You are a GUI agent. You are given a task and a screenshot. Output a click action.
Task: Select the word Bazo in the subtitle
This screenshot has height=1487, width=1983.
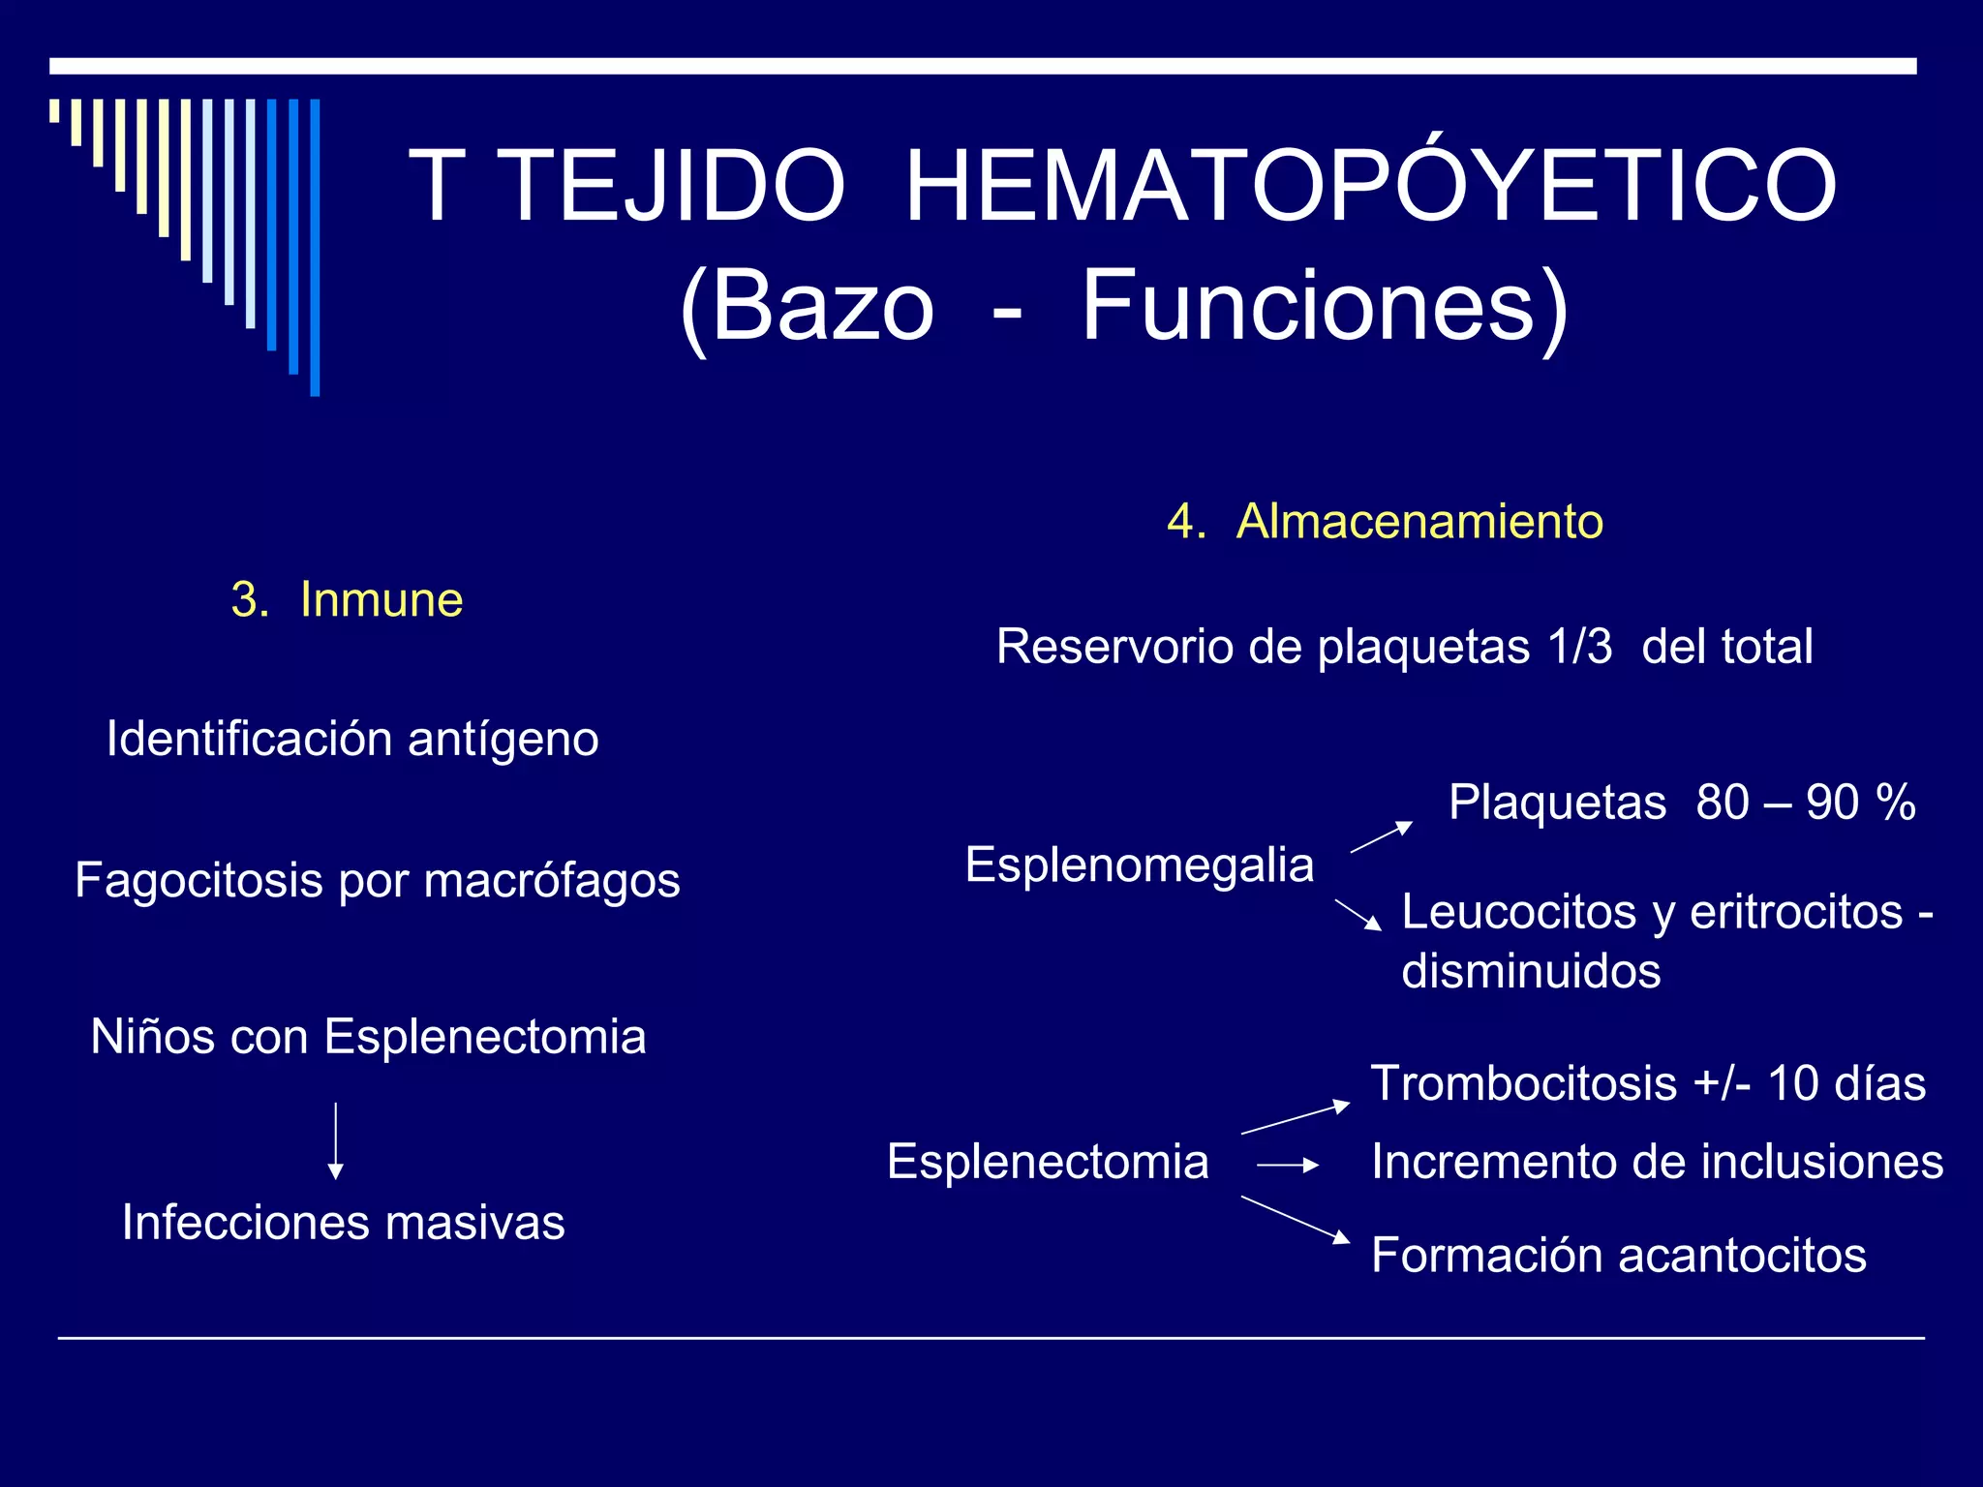823,307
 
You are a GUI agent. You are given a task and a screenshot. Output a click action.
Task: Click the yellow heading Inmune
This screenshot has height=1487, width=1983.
381,599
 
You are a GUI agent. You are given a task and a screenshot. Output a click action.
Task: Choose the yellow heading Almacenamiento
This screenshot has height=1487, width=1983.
1419,522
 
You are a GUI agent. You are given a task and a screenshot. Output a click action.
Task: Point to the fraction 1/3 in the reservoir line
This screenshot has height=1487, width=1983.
1579,647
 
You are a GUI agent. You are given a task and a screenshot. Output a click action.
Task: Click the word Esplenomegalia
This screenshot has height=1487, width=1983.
1139,865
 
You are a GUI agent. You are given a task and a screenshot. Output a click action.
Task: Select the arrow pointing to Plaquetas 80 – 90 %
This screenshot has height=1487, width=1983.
1382,837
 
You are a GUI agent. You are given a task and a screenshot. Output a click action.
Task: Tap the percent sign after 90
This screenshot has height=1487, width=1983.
1895,803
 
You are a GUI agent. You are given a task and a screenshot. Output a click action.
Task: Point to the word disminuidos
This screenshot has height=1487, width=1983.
1530,972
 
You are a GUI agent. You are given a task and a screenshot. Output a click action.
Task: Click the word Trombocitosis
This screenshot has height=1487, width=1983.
1523,1083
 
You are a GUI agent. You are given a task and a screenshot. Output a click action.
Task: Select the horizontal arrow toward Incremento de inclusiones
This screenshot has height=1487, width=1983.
1287,1166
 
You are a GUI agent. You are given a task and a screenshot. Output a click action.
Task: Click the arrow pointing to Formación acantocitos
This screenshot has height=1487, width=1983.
1295,1219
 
